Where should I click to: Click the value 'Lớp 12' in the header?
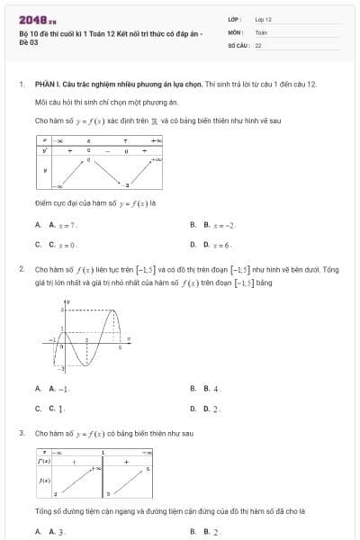point(263,18)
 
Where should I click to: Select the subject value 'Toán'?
point(261,31)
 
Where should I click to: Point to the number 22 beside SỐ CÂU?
point(258,43)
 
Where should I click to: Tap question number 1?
point(21,84)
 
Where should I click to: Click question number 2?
point(21,268)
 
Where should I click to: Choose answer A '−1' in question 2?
point(60,389)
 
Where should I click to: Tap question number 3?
point(21,433)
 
